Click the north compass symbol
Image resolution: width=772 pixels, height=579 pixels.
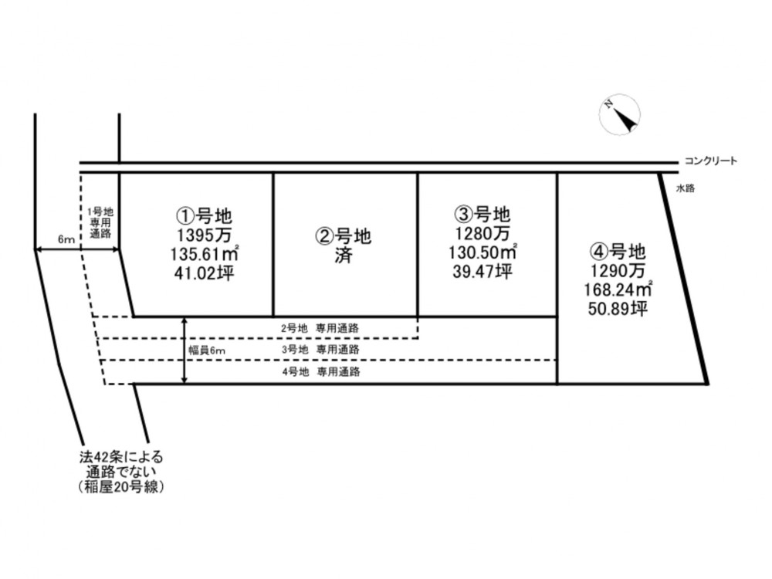tap(621, 115)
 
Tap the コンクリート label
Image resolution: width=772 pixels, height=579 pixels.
tap(710, 161)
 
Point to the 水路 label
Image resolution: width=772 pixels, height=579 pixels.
tap(686, 188)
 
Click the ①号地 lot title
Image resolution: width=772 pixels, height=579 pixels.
tap(204, 215)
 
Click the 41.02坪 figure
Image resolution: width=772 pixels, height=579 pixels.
tap(204, 273)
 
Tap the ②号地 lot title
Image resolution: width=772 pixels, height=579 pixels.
tap(344, 237)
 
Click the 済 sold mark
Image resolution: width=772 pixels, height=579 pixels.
tap(344, 256)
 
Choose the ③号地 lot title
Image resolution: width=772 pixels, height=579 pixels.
tap(482, 214)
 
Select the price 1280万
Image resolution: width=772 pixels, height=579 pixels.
tap(482, 233)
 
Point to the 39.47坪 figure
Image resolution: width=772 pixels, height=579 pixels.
tap(482, 271)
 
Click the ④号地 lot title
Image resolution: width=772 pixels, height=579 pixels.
tap(618, 252)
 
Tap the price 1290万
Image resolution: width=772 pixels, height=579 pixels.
tap(618, 270)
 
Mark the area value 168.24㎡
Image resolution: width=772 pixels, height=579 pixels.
tap(618, 289)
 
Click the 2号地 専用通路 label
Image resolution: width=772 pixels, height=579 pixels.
tap(320, 328)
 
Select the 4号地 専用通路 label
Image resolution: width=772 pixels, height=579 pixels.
tap(321, 372)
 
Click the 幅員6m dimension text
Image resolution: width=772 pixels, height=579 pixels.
tap(207, 350)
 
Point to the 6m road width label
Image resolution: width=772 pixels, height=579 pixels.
tap(66, 240)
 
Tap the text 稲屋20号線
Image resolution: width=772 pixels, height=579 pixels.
tap(121, 487)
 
